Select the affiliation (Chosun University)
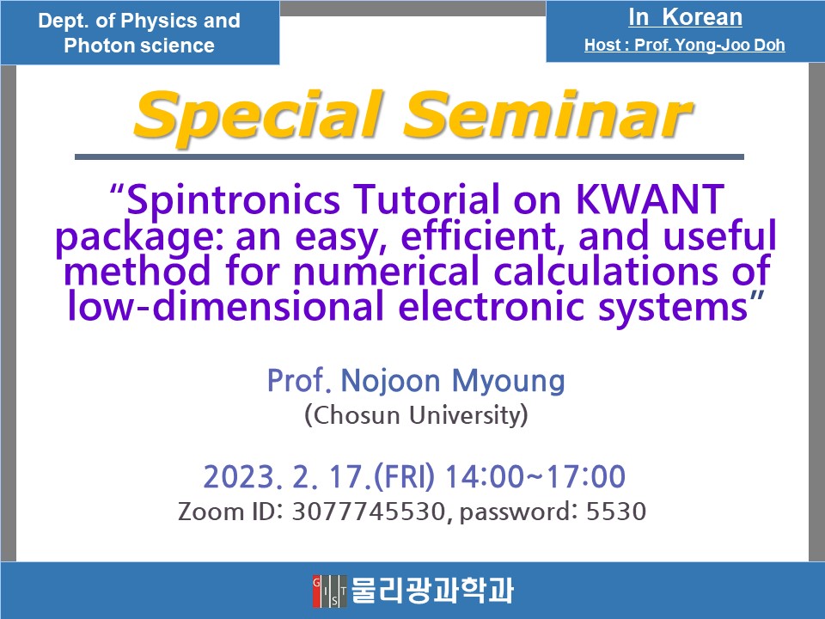coord(415,417)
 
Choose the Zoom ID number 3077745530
coord(369,512)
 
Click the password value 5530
coord(615,512)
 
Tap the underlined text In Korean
coord(684,17)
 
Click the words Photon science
coord(139,46)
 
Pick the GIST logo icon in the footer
coord(330,591)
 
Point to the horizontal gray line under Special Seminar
coord(409,156)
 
